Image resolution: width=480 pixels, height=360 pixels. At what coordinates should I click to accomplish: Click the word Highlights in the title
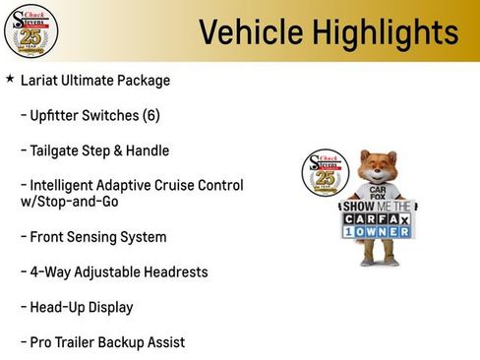click(378, 32)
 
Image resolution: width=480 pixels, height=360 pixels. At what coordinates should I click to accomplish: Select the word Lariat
click(40, 81)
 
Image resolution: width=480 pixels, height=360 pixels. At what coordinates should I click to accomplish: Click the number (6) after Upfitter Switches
click(150, 116)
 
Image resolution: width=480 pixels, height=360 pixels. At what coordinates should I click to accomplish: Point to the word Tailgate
click(59, 150)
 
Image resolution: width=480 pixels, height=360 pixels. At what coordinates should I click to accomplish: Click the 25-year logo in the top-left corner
click(30, 31)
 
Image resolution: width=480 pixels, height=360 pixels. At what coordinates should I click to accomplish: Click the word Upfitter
click(59, 116)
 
